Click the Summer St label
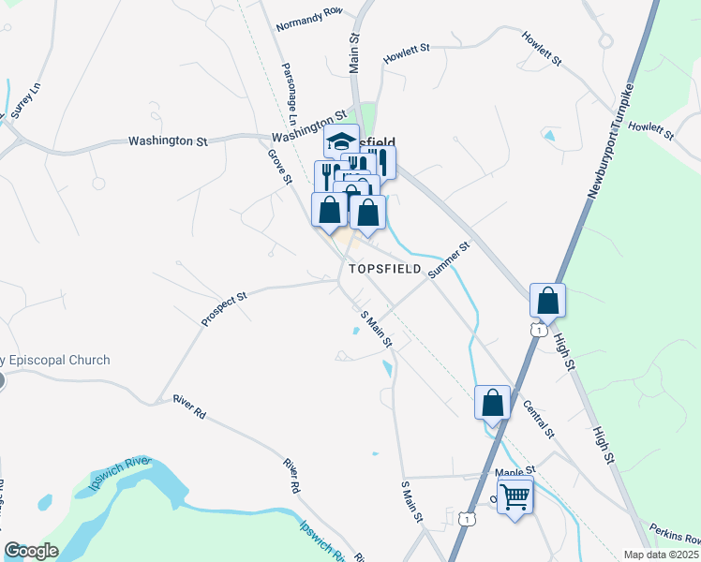(448, 260)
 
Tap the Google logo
(31, 550)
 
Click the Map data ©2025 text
(661, 555)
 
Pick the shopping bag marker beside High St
(547, 302)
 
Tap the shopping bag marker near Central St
(493, 404)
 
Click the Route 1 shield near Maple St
(465, 517)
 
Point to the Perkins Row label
(673, 537)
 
